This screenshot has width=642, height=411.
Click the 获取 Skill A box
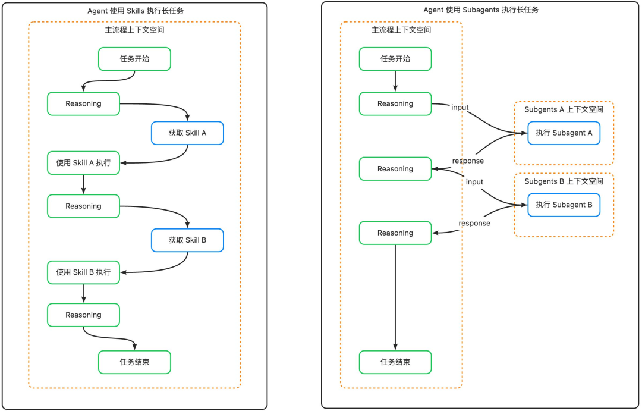187,133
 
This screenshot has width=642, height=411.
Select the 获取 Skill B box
187,240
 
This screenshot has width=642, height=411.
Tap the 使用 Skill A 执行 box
83,163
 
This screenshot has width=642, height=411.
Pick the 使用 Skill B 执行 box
83,272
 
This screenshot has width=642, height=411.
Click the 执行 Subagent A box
564,133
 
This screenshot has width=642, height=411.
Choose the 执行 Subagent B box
564,205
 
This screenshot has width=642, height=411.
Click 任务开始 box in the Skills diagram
134,59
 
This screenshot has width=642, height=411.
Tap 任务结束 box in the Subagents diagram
395,362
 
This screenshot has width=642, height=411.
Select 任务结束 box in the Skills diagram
134,362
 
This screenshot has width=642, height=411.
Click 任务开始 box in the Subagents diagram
395,59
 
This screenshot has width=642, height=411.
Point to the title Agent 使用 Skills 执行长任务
134,10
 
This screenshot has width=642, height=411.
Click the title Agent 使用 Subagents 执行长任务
481,10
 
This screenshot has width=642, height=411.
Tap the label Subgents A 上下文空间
564,109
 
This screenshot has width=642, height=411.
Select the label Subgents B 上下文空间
564,181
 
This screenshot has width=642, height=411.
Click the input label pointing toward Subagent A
460,108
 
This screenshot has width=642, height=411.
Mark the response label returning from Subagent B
474,223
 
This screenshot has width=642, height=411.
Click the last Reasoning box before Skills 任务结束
83,315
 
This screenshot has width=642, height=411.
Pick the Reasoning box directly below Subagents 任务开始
395,103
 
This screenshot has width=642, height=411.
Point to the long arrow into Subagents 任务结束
395,297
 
